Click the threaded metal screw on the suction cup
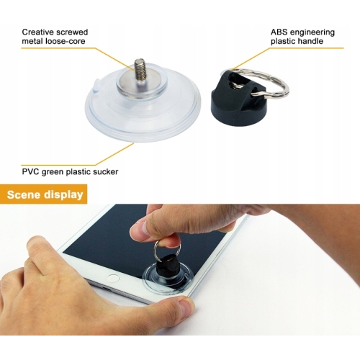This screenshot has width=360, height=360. (139, 70)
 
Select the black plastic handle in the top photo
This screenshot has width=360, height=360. (238, 99)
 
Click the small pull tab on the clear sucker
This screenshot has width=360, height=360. (96, 85)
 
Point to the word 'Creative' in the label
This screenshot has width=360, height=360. (38, 32)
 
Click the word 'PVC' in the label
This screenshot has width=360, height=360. (30, 172)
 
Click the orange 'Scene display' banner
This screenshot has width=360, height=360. (43, 194)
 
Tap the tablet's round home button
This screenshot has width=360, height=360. (113, 279)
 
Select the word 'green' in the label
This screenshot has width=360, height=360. (53, 172)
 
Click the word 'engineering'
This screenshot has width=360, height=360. (312, 32)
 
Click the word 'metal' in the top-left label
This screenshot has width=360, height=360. (31, 41)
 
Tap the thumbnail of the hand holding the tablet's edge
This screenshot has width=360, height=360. (185, 309)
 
